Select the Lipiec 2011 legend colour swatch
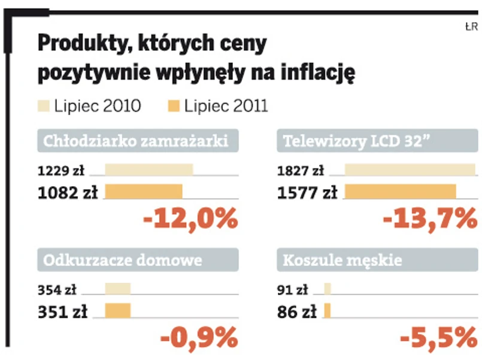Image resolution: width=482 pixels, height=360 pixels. [x=172, y=107]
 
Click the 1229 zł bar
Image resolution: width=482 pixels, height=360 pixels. [x=149, y=170]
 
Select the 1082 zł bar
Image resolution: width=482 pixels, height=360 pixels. [x=144, y=192]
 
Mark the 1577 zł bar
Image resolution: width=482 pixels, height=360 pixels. [x=401, y=192]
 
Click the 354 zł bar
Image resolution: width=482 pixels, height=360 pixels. [x=117, y=289]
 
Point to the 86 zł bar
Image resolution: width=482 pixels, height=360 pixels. [x=328, y=311]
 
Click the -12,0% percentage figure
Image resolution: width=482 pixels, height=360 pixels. [x=191, y=220]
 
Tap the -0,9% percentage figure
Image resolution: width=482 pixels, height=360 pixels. [x=199, y=339]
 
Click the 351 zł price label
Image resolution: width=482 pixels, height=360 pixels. [x=63, y=311]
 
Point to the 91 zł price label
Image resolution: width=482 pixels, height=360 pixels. [x=293, y=290]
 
